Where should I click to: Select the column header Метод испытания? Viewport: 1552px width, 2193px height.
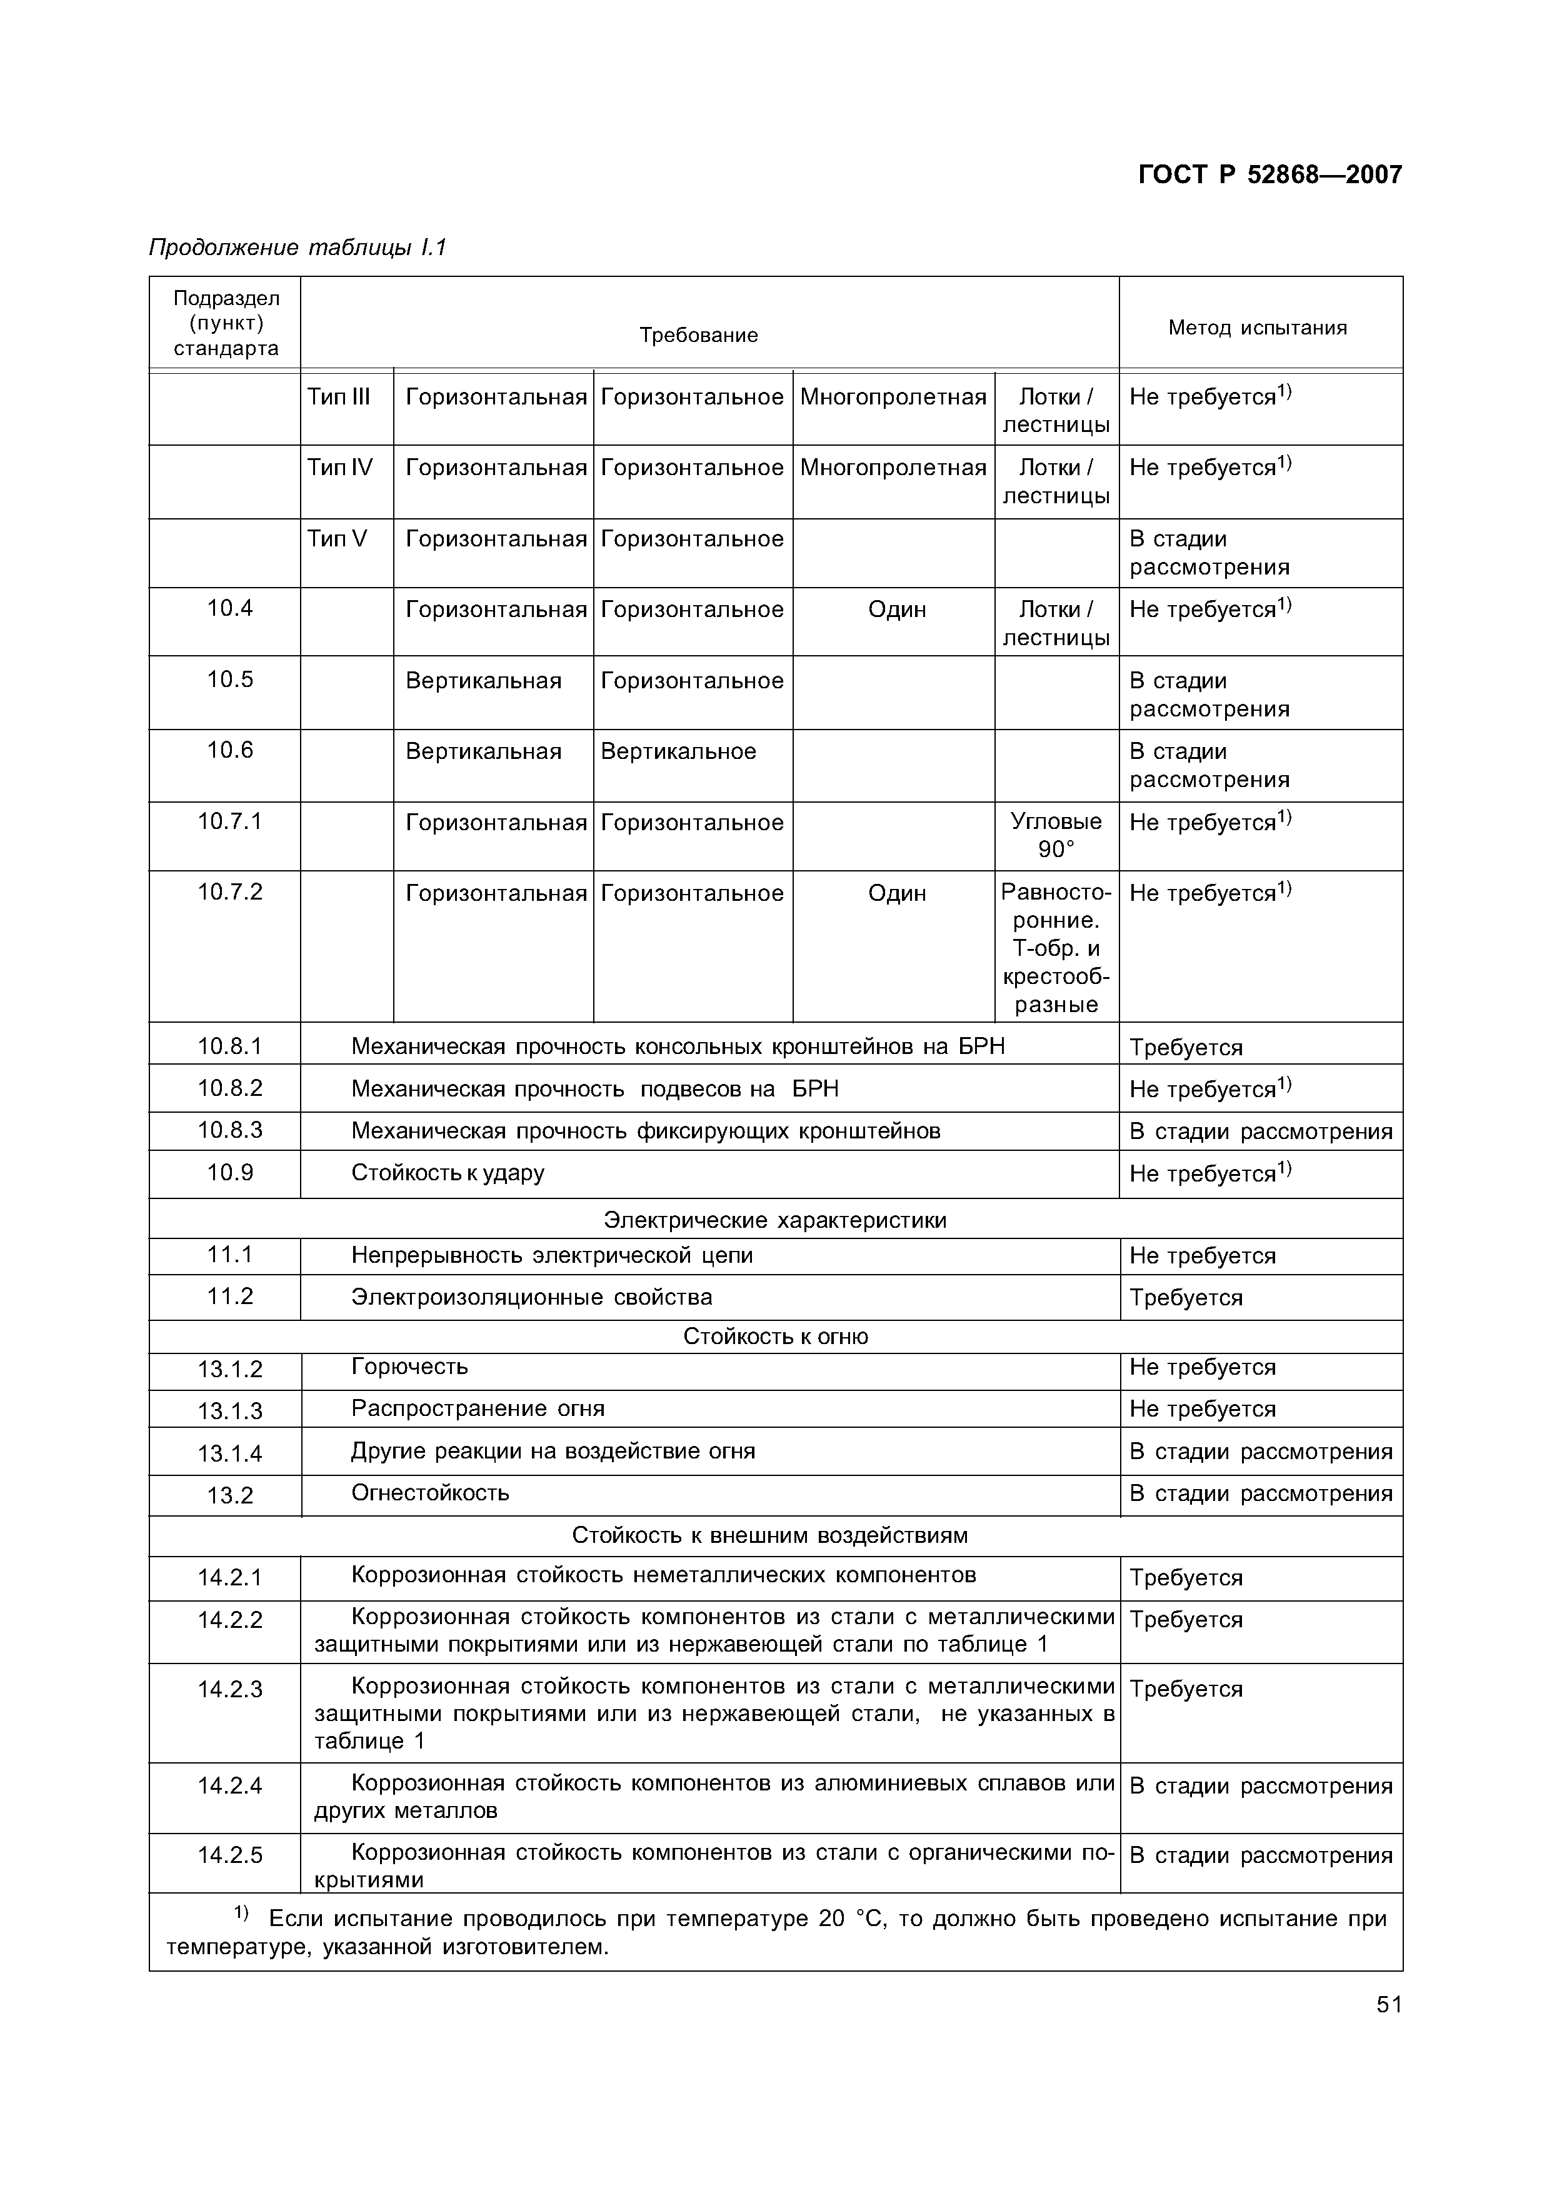(1257, 328)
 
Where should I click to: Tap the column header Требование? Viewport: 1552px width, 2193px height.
(699, 336)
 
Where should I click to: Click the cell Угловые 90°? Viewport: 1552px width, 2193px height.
(1056, 835)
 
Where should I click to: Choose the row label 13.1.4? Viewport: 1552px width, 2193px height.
(229, 1453)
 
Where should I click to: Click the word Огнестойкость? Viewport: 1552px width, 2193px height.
(430, 1493)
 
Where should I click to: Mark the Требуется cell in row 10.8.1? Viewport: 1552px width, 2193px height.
(1186, 1047)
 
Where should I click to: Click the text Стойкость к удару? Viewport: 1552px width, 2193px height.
(448, 1173)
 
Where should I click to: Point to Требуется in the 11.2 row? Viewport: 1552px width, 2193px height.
(1186, 1298)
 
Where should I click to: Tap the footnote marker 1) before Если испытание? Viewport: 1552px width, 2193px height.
(241, 1914)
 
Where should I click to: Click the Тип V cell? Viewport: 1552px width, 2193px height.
(336, 539)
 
